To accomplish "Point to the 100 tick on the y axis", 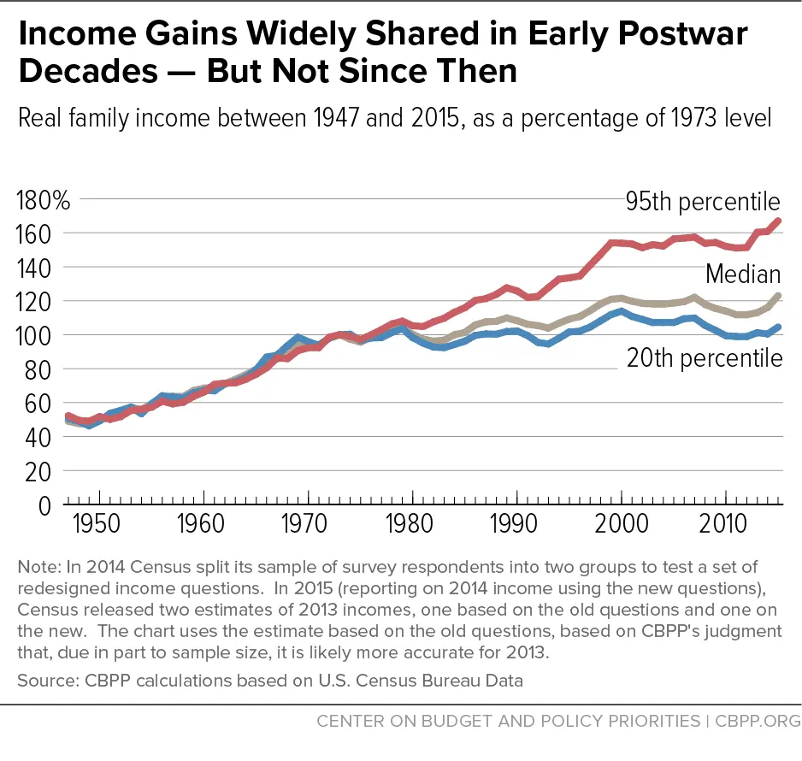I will click(x=36, y=335).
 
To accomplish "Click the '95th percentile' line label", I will click(x=701, y=202).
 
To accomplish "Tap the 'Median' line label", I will click(x=742, y=274).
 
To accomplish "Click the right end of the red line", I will click(x=778, y=221).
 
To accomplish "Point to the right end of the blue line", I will click(x=778, y=327).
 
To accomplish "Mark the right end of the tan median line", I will click(x=778, y=296).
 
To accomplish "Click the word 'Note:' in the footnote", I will click(x=38, y=566).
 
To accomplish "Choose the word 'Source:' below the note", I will click(x=44, y=681).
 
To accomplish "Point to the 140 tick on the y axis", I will click(x=36, y=268).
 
